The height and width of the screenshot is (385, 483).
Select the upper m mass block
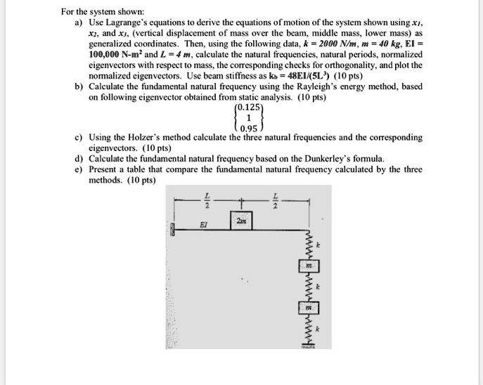pyautogui.click(x=308, y=268)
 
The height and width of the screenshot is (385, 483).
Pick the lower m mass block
pyautogui.click(x=308, y=308)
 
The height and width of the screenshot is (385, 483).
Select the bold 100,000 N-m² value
pyautogui.click(x=118, y=53)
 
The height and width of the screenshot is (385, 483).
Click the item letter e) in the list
pyautogui.click(x=79, y=169)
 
